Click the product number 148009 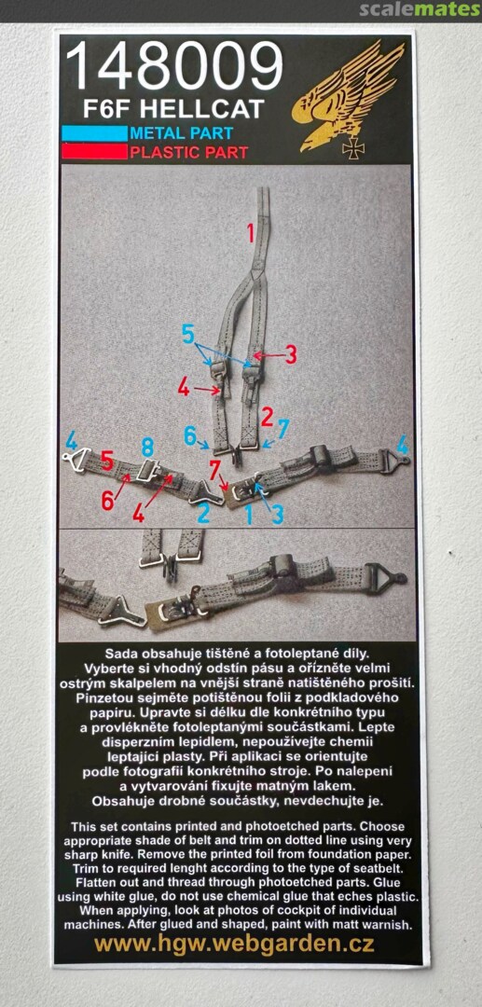coord(174,67)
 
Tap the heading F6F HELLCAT coord(173,109)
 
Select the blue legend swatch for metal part coord(94,133)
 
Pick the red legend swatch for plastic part coord(94,152)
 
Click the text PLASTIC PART coord(188,152)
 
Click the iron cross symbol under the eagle coord(353,147)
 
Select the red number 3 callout coord(291,354)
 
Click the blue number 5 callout coord(188,335)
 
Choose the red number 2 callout coord(268,418)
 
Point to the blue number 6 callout coord(190,435)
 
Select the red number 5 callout coord(107,461)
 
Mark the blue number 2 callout coord(203,513)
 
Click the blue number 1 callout coord(248,515)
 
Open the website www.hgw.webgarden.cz coord(234,944)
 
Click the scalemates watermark coord(420,9)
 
